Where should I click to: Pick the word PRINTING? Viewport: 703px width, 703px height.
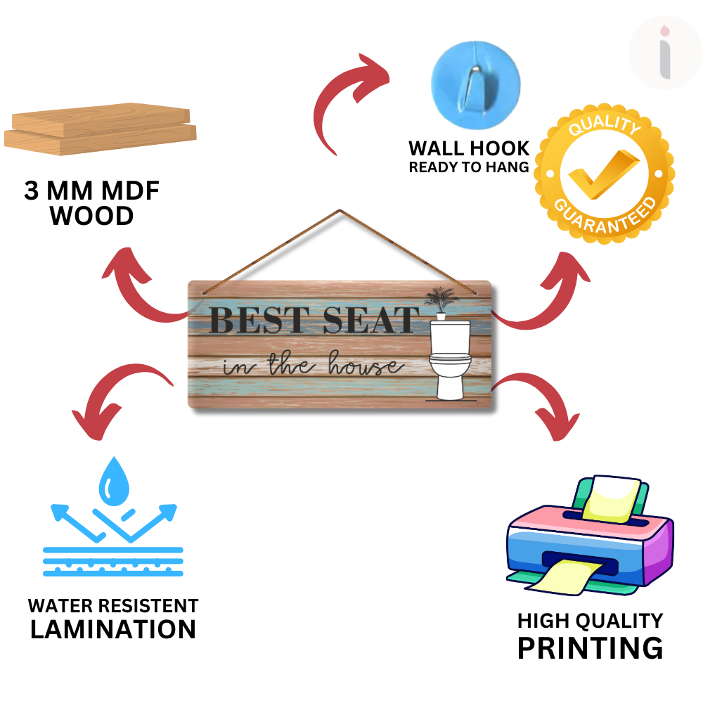(x=590, y=647)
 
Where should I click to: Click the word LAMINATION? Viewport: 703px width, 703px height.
(x=113, y=629)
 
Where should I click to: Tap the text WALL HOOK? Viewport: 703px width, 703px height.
(x=469, y=148)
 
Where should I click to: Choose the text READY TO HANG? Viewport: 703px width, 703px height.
(x=469, y=167)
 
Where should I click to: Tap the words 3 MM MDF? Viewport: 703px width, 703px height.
(x=92, y=191)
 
